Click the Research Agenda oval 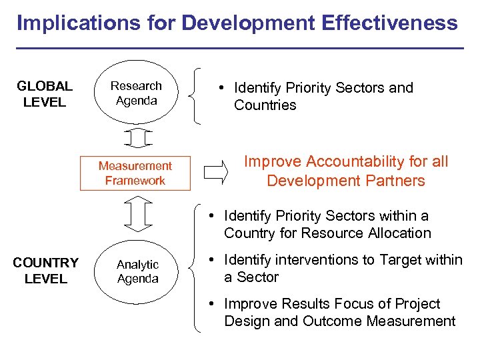(136, 93)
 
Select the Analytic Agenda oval (137, 271)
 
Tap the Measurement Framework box (135, 173)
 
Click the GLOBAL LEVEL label (45, 94)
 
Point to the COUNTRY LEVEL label (45, 271)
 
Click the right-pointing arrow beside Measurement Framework (215, 172)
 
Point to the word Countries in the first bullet (265, 105)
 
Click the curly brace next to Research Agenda (195, 95)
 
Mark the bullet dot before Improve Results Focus (209, 304)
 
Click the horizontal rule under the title (240, 48)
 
